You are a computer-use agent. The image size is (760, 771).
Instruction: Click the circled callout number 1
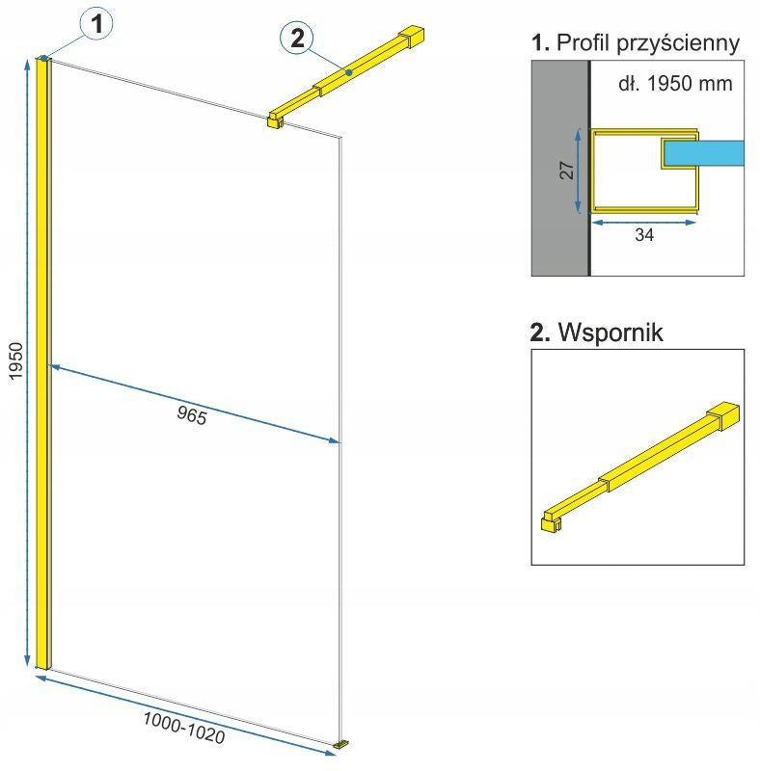97,23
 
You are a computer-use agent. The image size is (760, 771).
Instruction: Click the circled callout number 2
297,38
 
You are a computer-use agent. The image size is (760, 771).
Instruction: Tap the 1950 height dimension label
16,360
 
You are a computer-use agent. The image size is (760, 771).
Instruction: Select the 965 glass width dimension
192,415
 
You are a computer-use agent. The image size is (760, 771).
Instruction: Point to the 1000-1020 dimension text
184,727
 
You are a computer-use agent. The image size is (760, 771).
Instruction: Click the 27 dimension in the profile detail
567,171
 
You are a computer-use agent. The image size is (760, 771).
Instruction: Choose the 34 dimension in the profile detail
644,234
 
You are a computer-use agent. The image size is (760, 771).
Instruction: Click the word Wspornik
611,332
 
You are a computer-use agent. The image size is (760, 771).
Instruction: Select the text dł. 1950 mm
675,83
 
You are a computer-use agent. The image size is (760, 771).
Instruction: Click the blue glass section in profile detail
704,153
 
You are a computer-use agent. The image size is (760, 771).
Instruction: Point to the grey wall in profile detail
559,168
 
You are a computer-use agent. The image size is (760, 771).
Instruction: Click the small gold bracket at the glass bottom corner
341,745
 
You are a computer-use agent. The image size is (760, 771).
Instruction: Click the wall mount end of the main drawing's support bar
412,37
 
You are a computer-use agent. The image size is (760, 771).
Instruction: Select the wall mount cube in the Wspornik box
723,415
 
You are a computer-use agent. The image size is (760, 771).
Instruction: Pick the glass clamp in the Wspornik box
551,521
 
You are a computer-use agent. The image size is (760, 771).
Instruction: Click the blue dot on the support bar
349,72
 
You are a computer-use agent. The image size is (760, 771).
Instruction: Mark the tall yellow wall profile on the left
43,363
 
